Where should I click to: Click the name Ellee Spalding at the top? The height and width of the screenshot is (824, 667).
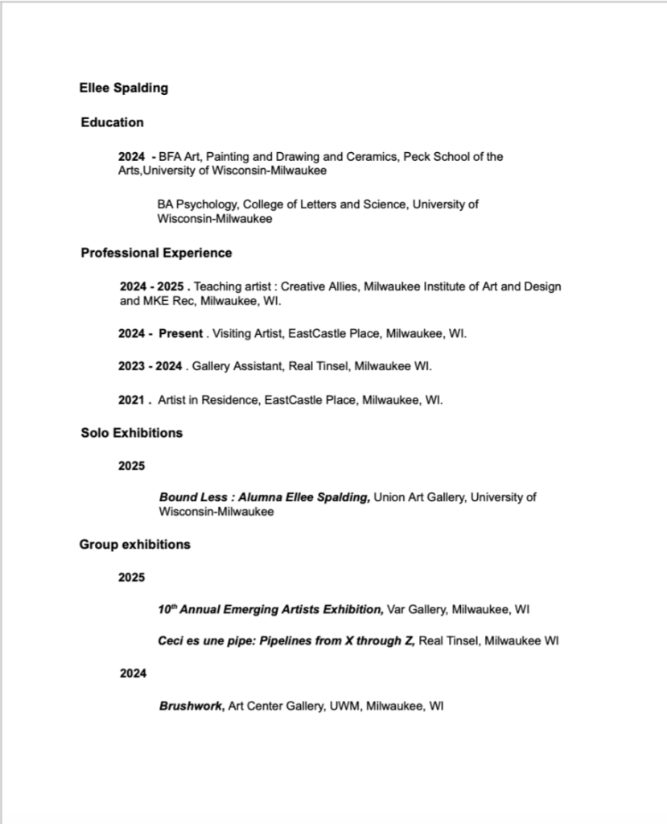click(x=123, y=88)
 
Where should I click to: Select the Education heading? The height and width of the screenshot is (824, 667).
click(x=112, y=122)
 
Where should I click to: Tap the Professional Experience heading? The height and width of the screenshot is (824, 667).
click(x=156, y=253)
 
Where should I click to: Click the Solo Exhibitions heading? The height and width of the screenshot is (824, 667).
click(x=131, y=433)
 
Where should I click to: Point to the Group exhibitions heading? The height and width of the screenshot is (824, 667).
click(x=134, y=545)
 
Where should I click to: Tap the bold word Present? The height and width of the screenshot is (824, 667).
click(x=180, y=334)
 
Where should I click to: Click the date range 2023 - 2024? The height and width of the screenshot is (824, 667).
click(x=150, y=367)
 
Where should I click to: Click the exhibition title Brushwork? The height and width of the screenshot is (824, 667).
click(x=191, y=707)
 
